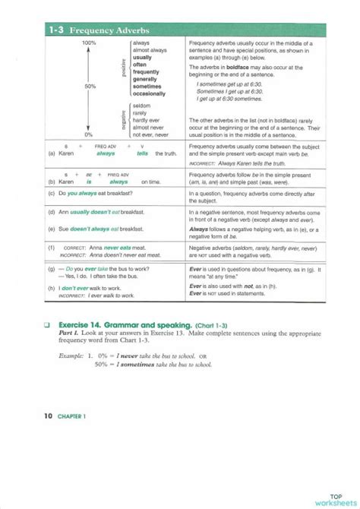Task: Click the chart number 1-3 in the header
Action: [55, 30]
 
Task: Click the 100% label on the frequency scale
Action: [89, 43]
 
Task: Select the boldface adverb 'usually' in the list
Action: [142, 57]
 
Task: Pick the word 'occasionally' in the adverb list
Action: [149, 93]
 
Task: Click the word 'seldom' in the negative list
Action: [141, 106]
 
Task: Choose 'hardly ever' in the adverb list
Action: [147, 120]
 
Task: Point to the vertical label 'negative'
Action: [123, 119]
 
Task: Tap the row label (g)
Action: [50, 270]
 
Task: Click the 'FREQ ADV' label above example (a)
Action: [106, 144]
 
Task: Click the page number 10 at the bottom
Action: [48, 416]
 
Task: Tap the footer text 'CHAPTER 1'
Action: [72, 416]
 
